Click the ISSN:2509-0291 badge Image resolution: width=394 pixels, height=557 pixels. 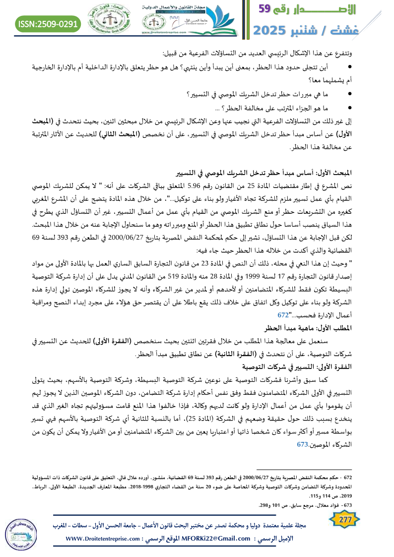tap(48, 23)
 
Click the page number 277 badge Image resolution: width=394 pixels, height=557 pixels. tap(342, 520)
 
